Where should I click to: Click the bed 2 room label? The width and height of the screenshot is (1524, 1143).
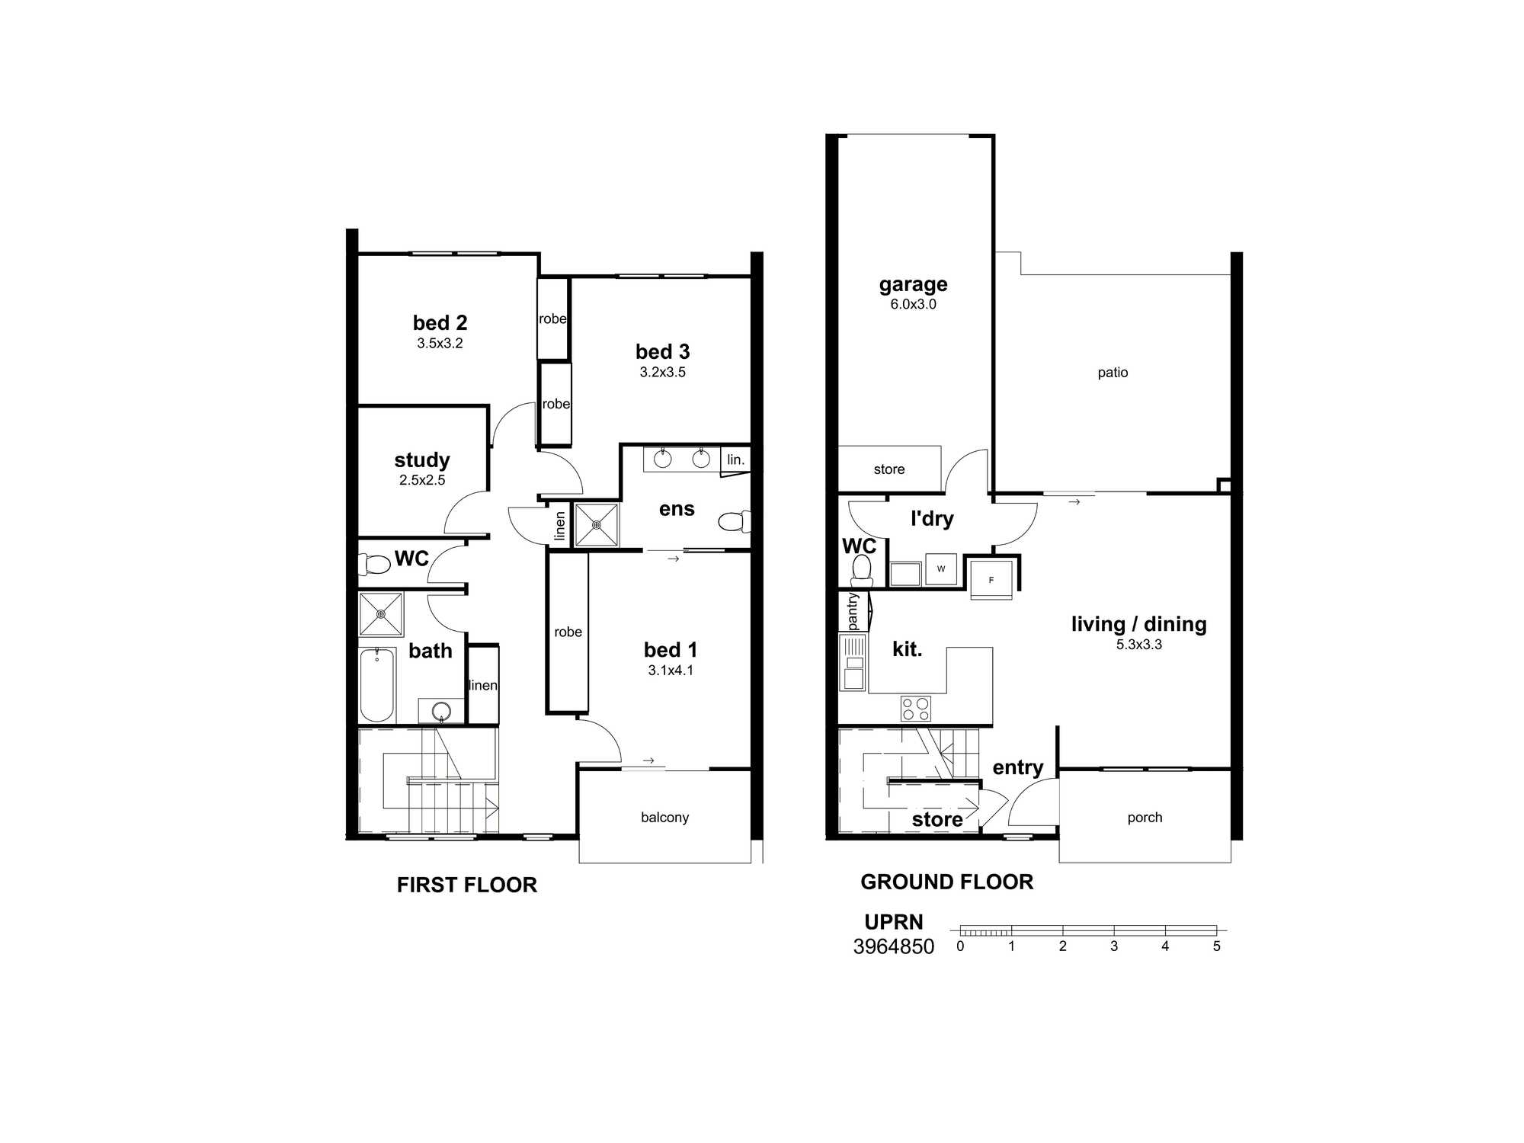[440, 323]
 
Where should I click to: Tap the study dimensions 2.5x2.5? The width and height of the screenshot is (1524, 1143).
[422, 480]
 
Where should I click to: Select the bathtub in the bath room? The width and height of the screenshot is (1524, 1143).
[376, 684]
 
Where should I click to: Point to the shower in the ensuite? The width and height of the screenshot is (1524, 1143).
[597, 524]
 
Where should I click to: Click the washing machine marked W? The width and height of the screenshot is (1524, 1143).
[941, 568]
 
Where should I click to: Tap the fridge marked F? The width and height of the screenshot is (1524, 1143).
[991, 580]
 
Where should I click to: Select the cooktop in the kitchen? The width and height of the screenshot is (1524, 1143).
[915, 709]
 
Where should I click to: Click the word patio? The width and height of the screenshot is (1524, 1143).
[1113, 373]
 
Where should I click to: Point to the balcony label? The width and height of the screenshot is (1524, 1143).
[664, 818]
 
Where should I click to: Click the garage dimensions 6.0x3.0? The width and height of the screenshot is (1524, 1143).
[913, 304]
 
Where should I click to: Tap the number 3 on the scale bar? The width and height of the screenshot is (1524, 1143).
[1114, 946]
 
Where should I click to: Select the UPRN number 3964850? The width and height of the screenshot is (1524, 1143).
[893, 946]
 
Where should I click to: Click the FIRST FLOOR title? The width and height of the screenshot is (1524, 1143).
[467, 885]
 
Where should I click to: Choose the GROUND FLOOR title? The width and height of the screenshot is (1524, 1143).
[946, 882]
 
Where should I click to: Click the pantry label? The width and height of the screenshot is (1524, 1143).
[853, 612]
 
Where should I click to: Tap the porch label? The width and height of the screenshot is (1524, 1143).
[1145, 818]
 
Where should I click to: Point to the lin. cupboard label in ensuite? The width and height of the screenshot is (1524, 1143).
[735, 459]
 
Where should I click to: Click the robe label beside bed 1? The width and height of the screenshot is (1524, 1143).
[568, 632]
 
